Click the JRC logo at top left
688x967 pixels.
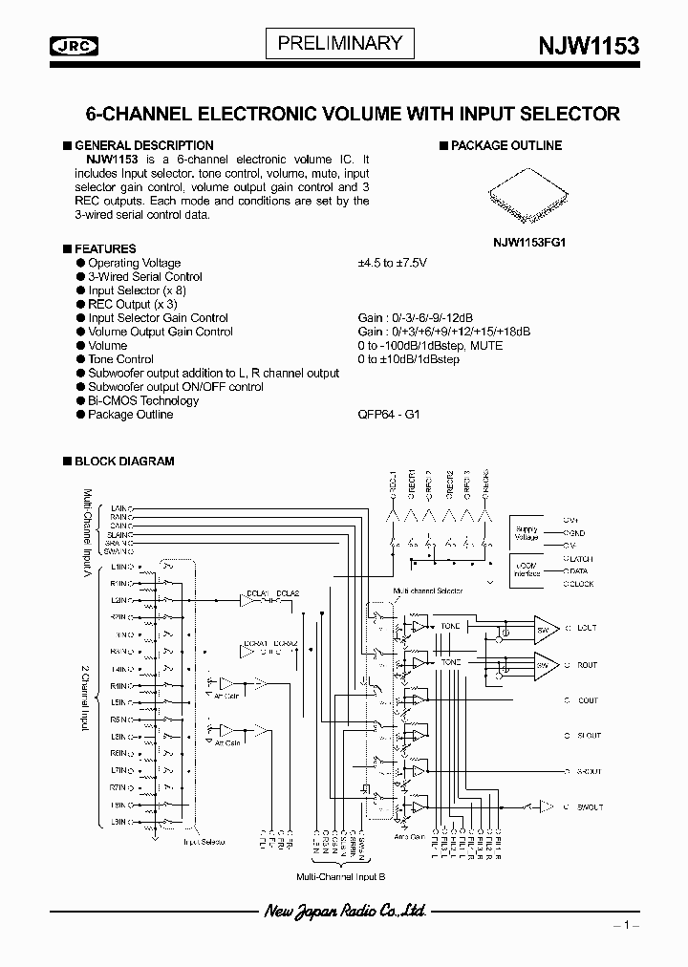click(x=78, y=44)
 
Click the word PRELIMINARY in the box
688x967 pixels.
click(x=340, y=43)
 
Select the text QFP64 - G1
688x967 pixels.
click(x=388, y=415)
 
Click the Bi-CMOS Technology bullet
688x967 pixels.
click(x=143, y=401)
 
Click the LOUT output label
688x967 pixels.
click(x=586, y=628)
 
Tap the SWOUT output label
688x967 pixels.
click(x=589, y=807)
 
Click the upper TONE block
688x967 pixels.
click(x=450, y=626)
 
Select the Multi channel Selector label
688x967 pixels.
click(x=428, y=591)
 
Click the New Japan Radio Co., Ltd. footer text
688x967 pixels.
click(x=344, y=913)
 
